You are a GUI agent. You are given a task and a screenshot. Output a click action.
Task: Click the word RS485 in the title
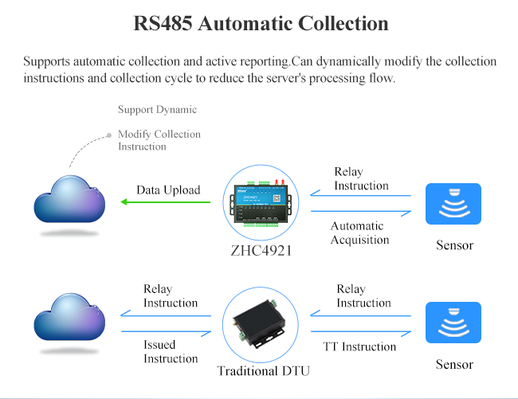(x=163, y=23)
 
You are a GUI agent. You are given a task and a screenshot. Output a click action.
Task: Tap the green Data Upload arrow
(x=165, y=201)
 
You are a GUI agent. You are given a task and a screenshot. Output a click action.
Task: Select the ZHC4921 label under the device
(x=261, y=251)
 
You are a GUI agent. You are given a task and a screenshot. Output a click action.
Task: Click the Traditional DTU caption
(x=263, y=371)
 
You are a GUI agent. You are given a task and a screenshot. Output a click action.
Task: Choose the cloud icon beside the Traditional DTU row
(x=69, y=317)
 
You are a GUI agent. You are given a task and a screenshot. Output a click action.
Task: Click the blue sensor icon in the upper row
(x=453, y=204)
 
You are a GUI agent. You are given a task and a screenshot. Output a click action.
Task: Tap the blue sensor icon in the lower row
(x=453, y=323)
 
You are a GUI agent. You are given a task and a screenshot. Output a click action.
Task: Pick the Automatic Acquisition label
(x=359, y=233)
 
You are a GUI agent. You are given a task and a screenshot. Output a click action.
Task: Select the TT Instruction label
(x=359, y=346)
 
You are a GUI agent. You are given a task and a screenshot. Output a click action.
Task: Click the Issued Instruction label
(x=171, y=351)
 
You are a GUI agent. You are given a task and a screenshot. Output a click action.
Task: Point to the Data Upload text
(x=168, y=190)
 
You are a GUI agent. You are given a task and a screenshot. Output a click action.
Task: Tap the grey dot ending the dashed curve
(x=109, y=135)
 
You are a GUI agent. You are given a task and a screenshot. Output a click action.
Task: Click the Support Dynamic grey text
(x=157, y=109)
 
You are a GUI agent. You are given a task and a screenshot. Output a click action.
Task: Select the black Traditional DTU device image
(x=259, y=324)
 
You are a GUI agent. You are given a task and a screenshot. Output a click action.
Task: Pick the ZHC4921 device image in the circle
(x=261, y=203)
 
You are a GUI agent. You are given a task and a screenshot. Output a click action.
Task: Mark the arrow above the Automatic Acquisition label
(x=361, y=212)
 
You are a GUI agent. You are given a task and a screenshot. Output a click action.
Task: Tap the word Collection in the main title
(x=343, y=23)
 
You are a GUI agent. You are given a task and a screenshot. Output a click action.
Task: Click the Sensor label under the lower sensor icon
(x=454, y=364)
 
